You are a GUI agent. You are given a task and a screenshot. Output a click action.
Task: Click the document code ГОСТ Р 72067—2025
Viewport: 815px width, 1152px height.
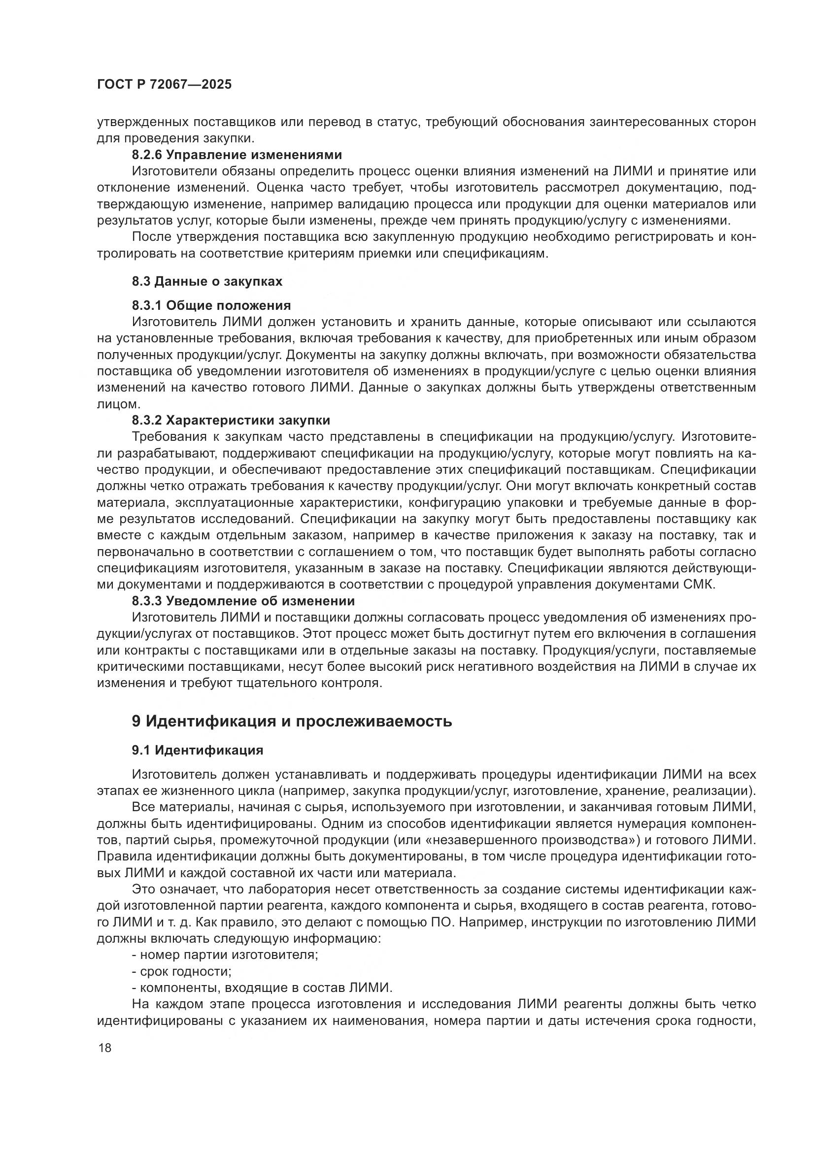[164, 84]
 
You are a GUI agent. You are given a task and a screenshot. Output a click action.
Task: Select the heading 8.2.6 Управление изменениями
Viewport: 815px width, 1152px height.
[237, 155]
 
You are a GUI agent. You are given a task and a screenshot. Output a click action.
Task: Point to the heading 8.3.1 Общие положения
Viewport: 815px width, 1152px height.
[211, 305]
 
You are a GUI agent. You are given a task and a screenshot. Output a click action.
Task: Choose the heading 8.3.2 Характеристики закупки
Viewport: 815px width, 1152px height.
[231, 420]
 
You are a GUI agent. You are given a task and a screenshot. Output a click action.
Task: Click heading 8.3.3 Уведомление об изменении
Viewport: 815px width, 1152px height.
[243, 600]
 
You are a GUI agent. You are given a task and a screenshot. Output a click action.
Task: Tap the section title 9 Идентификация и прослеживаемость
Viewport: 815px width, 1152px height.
[292, 721]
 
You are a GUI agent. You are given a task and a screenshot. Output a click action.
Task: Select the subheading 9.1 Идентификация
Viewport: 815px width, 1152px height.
[197, 750]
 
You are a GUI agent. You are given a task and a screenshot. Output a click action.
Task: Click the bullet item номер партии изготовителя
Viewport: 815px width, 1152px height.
[228, 955]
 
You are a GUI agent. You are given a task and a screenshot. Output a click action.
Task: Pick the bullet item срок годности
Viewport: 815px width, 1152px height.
[185, 971]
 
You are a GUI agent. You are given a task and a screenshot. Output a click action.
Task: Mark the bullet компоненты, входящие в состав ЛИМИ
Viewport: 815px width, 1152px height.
[266, 987]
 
